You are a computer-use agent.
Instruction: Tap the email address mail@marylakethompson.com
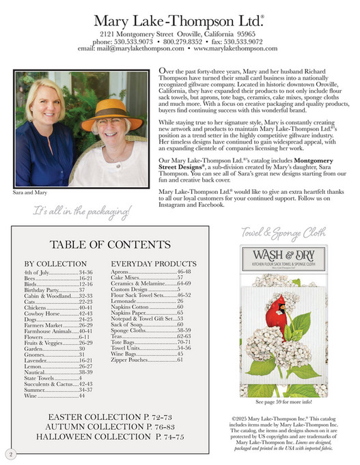[130, 48]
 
